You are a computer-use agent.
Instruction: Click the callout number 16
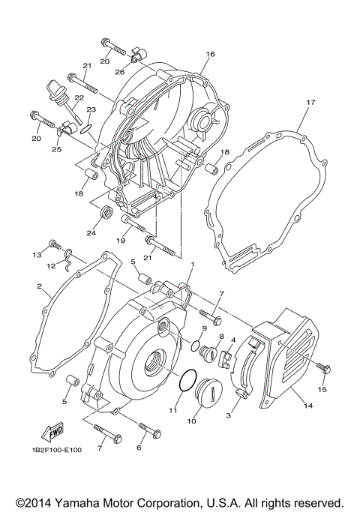[210, 55]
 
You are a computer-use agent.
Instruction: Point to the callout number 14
[307, 406]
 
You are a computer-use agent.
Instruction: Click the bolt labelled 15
[325, 367]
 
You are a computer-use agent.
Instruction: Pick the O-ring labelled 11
[188, 380]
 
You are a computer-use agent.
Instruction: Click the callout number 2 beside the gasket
[39, 286]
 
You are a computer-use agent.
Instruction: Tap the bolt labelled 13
[53, 244]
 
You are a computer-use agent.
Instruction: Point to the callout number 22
[79, 98]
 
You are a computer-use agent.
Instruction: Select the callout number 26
[120, 72]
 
